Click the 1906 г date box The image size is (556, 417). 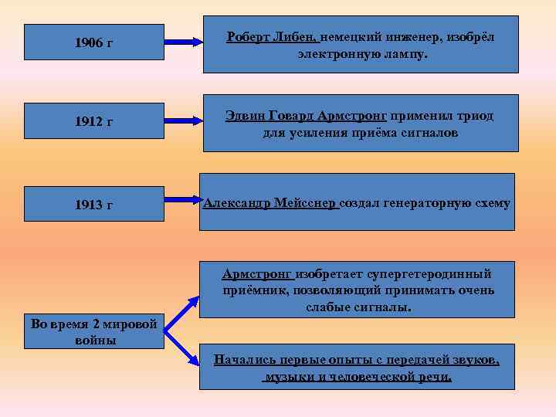coord(93,42)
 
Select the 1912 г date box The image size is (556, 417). coord(93,122)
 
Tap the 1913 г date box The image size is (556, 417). coord(93,204)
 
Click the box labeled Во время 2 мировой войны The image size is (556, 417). coord(93,331)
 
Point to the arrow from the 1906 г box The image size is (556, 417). coord(184,42)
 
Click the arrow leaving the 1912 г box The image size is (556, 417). coord(184,121)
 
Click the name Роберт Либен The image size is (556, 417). coord(271,37)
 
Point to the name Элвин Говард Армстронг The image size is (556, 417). coord(306,116)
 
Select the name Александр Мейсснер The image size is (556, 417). coord(270,203)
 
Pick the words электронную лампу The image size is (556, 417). coord(361,56)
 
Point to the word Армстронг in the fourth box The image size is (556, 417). coord(256,274)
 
